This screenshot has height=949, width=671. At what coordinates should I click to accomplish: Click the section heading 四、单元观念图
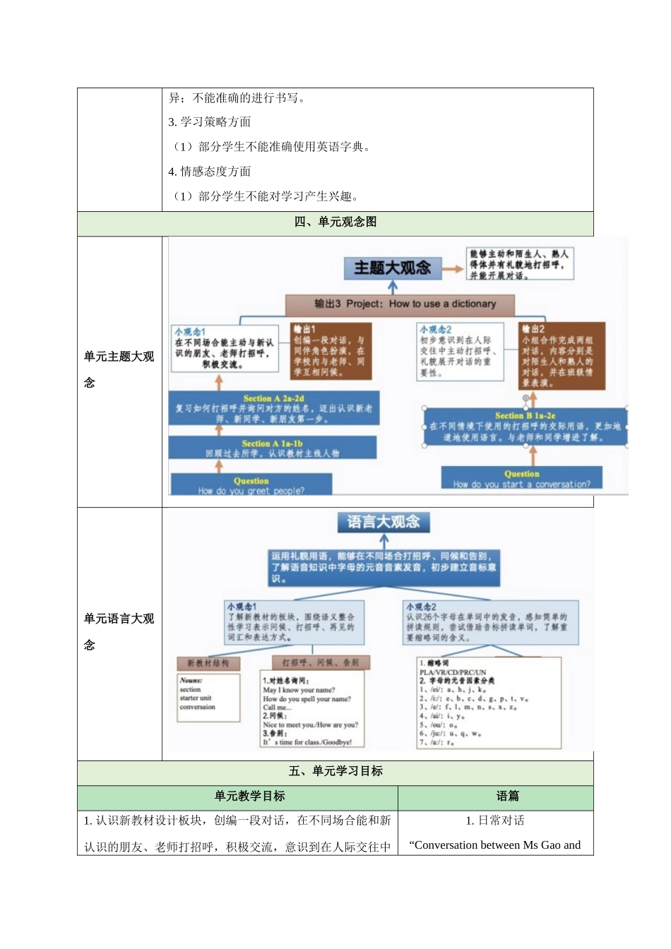(335, 222)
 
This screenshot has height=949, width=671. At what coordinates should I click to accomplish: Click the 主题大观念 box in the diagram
(392, 268)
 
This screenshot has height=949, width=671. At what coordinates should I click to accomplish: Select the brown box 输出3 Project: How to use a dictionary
(400, 304)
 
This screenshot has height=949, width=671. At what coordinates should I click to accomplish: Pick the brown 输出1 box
(331, 351)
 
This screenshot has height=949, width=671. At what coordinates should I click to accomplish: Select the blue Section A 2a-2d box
(273, 409)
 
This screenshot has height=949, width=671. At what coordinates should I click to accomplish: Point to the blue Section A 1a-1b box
(272, 448)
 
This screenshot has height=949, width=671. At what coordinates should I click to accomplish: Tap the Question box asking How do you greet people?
(251, 485)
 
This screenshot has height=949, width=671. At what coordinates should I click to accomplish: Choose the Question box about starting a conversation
(521, 479)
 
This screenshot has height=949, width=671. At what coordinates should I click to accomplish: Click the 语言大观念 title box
(383, 523)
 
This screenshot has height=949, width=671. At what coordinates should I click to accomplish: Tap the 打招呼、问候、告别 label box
(320, 662)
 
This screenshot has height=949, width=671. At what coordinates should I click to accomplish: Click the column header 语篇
(507, 796)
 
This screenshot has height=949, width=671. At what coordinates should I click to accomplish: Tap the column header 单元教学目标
(249, 796)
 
